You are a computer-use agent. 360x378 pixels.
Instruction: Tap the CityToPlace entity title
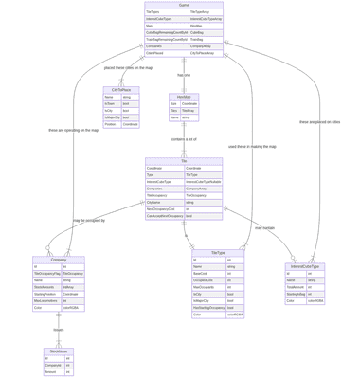121,90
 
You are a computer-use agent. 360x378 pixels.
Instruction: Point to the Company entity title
58,259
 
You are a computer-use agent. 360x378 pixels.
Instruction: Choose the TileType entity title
218,252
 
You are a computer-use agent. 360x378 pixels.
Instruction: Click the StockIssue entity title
58,324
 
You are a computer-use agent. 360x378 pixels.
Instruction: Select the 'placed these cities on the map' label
128,68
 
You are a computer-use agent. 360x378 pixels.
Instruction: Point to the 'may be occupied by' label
89,220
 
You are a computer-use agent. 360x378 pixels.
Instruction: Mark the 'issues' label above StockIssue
59,303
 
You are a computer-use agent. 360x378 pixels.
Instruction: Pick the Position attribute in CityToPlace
111,124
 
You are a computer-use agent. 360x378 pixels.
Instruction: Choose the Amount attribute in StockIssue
51,345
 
